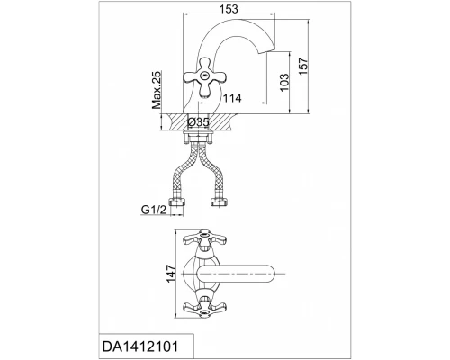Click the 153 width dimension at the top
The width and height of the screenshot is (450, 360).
tap(229, 9)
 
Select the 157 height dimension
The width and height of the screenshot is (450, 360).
tap(303, 67)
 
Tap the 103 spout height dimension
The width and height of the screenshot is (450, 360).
tap(283, 83)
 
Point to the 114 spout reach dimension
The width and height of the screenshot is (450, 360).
tap(232, 98)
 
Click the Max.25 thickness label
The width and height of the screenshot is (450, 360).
tap(157, 90)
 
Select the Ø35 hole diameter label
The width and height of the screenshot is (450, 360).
tap(198, 122)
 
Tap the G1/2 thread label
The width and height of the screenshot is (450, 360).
tap(154, 210)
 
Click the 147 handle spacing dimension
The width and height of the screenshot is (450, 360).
tap(171, 274)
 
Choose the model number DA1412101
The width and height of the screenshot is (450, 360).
tap(140, 346)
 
